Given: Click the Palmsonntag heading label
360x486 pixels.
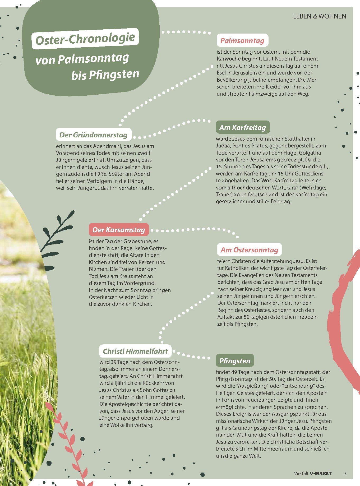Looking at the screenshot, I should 242,40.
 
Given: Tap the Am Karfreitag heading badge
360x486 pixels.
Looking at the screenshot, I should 243,127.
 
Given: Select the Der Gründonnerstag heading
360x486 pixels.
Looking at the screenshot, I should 94,135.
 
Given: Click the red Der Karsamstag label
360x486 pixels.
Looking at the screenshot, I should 119,230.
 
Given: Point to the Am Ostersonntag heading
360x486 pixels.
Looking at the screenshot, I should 249,250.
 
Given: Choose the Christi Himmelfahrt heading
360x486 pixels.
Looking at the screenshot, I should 135,351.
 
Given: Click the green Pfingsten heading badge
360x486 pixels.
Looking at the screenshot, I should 235,361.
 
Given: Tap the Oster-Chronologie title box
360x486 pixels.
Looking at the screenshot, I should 85,39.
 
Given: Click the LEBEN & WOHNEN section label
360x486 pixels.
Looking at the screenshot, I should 319,16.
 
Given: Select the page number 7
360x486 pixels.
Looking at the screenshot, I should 345,473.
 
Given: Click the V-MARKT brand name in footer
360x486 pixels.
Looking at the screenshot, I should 321,473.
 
